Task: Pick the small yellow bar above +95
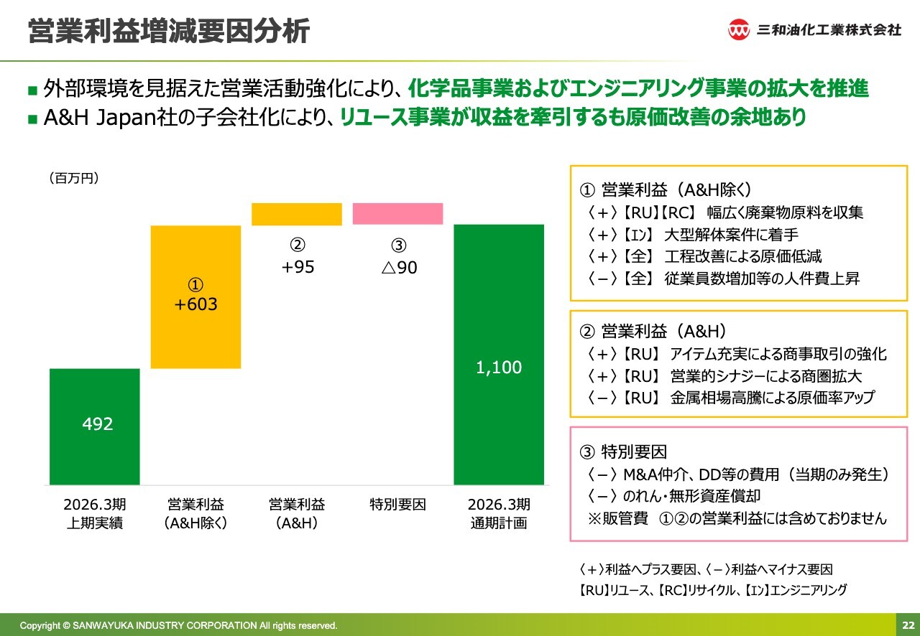click(x=296, y=214)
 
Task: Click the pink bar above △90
click(x=397, y=214)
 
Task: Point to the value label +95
click(x=298, y=267)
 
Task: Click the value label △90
click(x=399, y=268)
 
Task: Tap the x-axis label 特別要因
click(x=397, y=505)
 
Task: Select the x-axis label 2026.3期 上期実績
click(x=95, y=513)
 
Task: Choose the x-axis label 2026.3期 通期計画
click(x=499, y=513)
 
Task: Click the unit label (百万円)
click(x=74, y=178)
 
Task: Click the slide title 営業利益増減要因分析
click(x=169, y=32)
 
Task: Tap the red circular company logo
click(x=739, y=30)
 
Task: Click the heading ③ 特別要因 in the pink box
click(x=623, y=452)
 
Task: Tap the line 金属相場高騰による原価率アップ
click(x=773, y=398)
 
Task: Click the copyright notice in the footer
click(x=178, y=625)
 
